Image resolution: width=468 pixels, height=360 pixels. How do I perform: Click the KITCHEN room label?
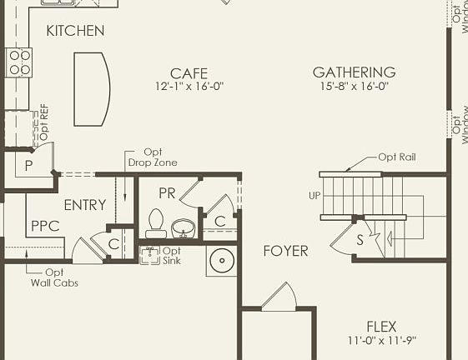pyautogui.click(x=75, y=31)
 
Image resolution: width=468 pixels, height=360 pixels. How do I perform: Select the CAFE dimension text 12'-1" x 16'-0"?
pyautogui.click(x=189, y=87)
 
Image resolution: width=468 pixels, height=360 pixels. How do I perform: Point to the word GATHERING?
pyautogui.click(x=354, y=72)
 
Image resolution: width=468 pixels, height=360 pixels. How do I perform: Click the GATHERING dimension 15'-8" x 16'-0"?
pyautogui.click(x=354, y=86)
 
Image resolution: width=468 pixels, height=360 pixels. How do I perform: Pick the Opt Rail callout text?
pyautogui.click(x=396, y=157)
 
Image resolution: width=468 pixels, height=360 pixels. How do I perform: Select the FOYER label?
pyautogui.click(x=285, y=251)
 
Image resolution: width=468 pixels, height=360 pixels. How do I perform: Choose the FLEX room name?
pyautogui.click(x=381, y=326)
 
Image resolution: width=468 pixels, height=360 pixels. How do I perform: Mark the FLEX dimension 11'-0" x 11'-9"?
pyautogui.click(x=381, y=340)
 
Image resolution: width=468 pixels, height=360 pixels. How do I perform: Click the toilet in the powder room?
pyautogui.click(x=154, y=222)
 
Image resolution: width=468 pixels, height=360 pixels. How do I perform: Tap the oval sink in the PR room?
pyautogui.click(x=183, y=227)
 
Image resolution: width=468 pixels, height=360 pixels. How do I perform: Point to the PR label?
pyautogui.click(x=167, y=192)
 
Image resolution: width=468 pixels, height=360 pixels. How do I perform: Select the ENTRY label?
pyautogui.click(x=84, y=205)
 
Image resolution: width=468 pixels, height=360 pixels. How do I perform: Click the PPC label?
pyautogui.click(x=44, y=226)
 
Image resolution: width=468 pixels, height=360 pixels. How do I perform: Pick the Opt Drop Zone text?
pyautogui.click(x=153, y=157)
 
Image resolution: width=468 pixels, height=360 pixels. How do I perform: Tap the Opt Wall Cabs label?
pyautogui.click(x=53, y=277)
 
